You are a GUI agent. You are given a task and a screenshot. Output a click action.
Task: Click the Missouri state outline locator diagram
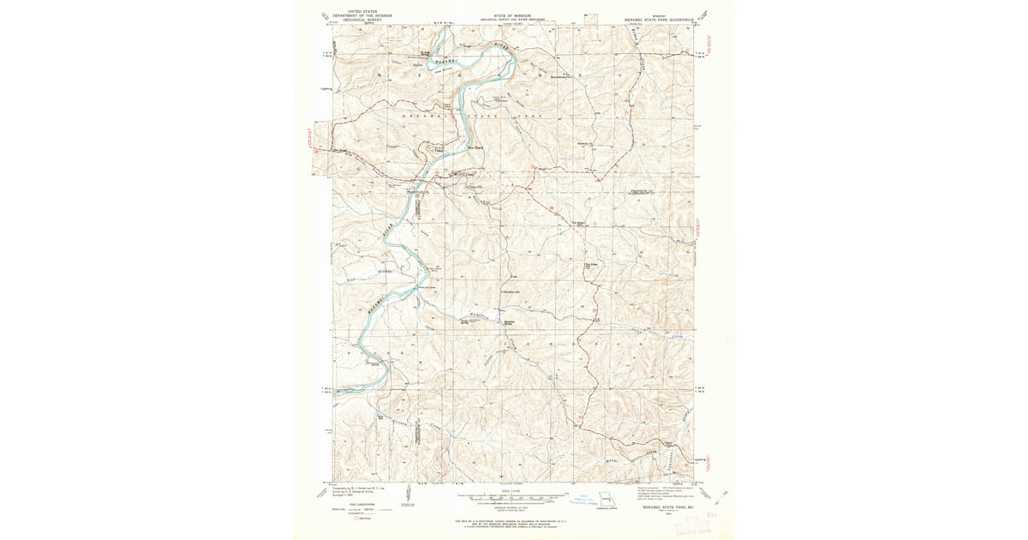pyautogui.click(x=607, y=499)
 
